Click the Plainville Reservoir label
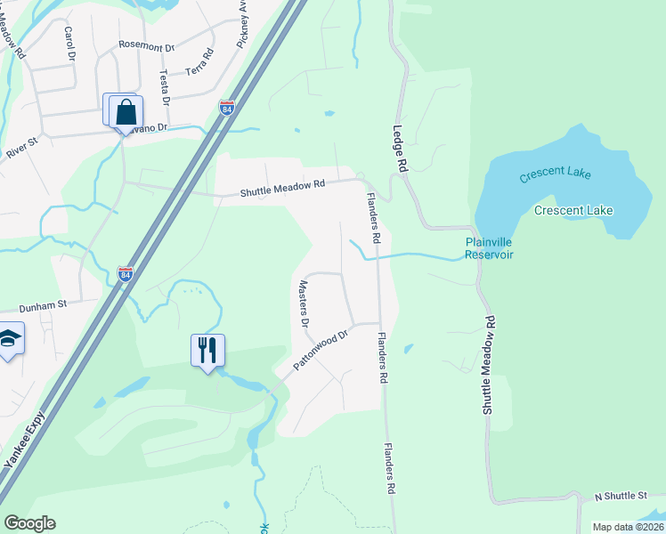coord(489,247)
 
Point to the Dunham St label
coord(44,304)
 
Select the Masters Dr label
coord(303,304)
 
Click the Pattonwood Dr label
coord(321,352)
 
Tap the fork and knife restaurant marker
coord(207,349)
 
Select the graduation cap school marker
coord(9,338)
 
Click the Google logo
coord(29,523)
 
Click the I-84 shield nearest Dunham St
coord(126,275)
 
